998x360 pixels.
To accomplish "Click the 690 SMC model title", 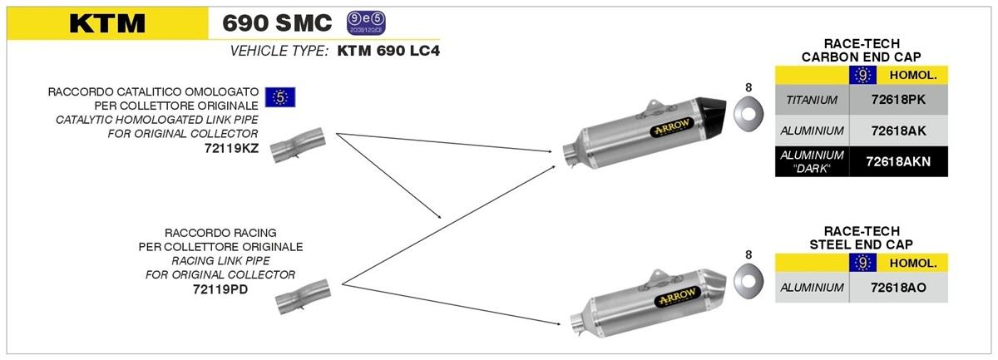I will pos(278,22).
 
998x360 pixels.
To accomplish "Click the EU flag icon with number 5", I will pos(281,97).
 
